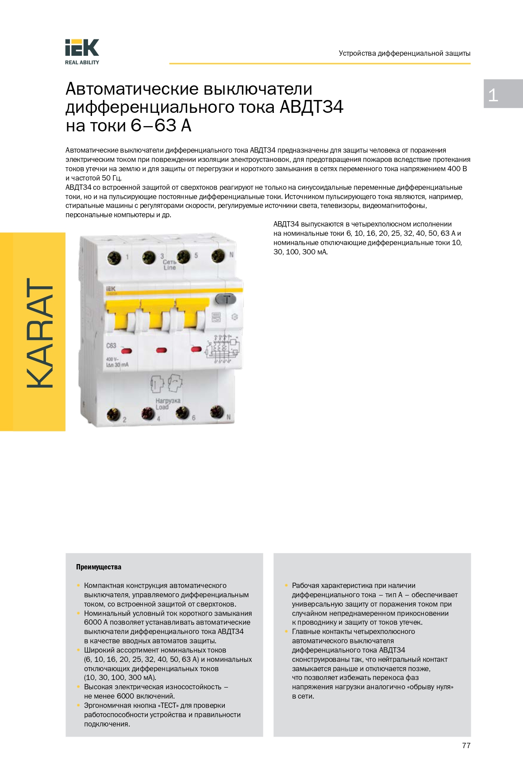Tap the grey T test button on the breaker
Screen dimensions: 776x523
point(226,299)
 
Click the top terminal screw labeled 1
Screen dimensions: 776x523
point(114,257)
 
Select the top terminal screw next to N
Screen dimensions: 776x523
point(218,255)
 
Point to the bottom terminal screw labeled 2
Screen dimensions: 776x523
point(113,415)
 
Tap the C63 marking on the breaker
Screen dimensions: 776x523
point(111,346)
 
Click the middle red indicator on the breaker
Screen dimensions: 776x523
point(162,350)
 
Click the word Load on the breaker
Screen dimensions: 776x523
point(162,407)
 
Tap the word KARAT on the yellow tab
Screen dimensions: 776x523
point(40,333)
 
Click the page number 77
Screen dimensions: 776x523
point(466,745)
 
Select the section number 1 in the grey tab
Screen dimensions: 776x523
point(493,95)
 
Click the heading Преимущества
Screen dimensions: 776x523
point(98,567)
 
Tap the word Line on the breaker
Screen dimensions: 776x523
point(169,268)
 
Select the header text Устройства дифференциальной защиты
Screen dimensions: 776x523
point(404,54)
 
